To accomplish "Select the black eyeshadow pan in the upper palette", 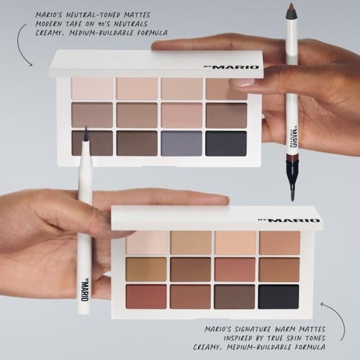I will [226, 143].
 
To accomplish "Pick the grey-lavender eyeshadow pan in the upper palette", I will [182, 143].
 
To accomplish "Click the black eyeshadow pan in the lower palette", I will [279, 295].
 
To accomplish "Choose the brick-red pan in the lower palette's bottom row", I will [147, 295].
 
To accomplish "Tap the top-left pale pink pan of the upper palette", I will [93, 89].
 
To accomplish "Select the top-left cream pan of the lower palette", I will [147, 243].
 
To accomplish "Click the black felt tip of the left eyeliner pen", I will [85, 135].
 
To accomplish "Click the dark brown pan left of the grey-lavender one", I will [137, 143].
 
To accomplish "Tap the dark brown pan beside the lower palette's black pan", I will [235, 295].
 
